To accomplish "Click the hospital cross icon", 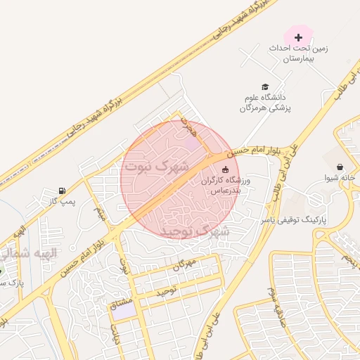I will pos(298,36).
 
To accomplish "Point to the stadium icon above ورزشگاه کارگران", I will pos(225,169).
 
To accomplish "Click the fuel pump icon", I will pos(63,191).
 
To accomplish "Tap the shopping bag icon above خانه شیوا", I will pos(340,167).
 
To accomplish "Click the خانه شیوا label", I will pos(341,179).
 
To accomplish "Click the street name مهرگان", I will pos(182,265).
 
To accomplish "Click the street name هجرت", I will pos(188,127).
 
